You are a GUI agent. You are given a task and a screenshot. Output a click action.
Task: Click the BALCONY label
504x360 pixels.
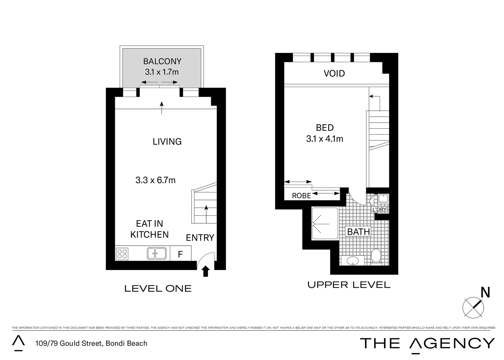pyautogui.click(x=162, y=61)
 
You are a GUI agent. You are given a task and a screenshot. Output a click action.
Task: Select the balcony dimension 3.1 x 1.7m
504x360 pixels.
pyautogui.click(x=162, y=72)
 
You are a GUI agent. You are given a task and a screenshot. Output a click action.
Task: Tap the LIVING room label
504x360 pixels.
pyautogui.click(x=167, y=142)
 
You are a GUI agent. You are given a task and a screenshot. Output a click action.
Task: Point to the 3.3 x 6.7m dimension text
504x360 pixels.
pyautogui.click(x=155, y=180)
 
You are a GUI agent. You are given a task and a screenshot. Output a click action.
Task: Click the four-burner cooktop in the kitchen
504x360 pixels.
pyautogui.click(x=122, y=254)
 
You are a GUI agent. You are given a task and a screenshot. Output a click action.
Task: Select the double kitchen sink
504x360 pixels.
pyautogui.click(x=157, y=253)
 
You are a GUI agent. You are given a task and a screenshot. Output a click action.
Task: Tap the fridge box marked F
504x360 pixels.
pyautogui.click(x=180, y=254)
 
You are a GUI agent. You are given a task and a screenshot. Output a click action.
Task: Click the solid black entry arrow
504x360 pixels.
pyautogui.click(x=206, y=271)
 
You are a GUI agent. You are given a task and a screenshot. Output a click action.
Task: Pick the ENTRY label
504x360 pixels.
pyautogui.click(x=200, y=238)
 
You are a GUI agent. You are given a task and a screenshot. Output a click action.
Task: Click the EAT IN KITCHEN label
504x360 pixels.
pyautogui.click(x=149, y=229)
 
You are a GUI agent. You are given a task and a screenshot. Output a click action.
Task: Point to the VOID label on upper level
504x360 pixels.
pyautogui.click(x=334, y=74)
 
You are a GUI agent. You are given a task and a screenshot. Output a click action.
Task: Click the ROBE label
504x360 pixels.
pyautogui.click(x=301, y=196)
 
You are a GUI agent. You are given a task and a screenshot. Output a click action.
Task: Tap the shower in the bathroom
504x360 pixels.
pyautogui.click(x=325, y=223)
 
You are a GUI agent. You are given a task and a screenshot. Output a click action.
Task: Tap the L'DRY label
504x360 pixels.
pyautogui.click(x=379, y=209)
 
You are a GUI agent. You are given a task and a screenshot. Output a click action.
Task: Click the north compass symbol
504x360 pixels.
pyautogui.click(x=474, y=306)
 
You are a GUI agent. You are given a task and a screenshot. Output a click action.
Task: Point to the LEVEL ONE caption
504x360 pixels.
pyautogui.click(x=158, y=289)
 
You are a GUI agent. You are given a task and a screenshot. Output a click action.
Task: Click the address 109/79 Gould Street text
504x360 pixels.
pyautogui.click(x=91, y=343)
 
